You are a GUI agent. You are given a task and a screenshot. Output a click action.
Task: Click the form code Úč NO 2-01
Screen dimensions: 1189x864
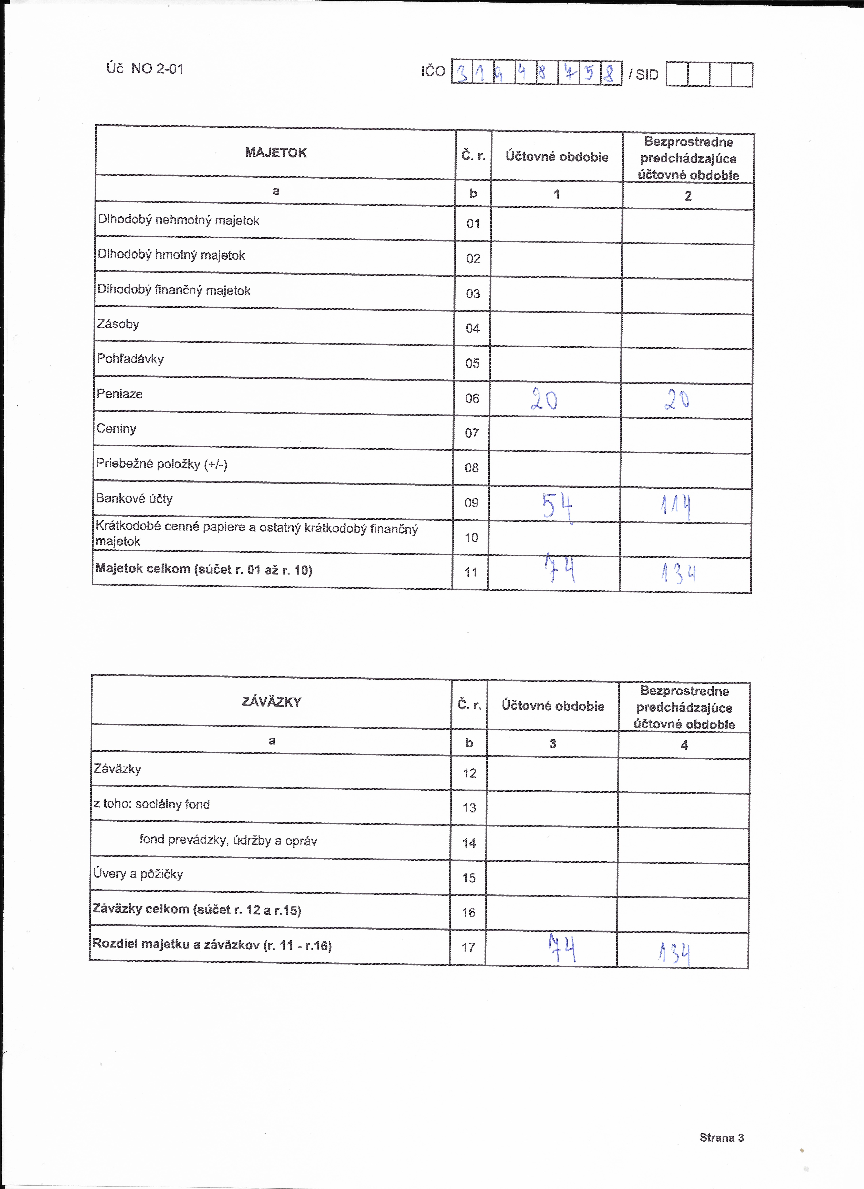[x=145, y=69]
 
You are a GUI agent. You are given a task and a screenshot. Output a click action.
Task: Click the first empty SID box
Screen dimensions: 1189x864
[x=677, y=74]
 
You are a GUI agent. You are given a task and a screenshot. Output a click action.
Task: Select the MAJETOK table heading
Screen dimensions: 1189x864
[x=276, y=153]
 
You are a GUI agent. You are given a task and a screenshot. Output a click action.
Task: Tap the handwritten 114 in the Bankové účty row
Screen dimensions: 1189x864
[x=676, y=506]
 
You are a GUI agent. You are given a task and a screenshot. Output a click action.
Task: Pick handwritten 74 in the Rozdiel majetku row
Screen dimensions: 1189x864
[x=562, y=948]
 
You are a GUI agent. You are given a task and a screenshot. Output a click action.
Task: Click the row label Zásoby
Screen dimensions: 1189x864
[x=118, y=324]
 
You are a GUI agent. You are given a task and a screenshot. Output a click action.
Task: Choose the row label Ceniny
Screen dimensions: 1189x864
[x=116, y=429]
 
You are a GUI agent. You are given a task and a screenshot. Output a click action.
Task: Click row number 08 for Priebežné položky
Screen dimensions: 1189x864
[x=472, y=468]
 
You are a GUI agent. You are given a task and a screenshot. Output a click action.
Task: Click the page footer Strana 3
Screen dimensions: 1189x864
[x=722, y=1138]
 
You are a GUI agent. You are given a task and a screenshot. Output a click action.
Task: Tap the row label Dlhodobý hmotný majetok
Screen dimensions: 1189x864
[x=171, y=255]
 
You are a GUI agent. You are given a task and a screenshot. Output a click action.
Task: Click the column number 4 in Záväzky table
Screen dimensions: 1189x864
[x=684, y=745]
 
